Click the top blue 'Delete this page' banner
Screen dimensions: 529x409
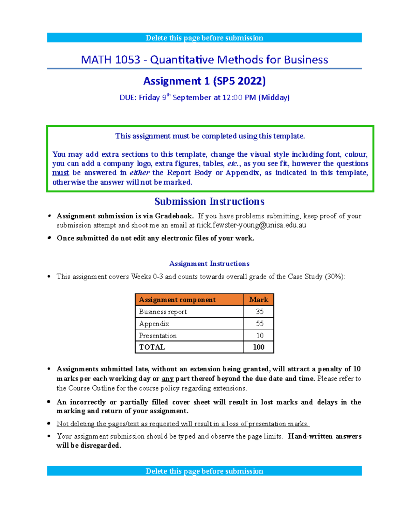pyautogui.click(x=204, y=38)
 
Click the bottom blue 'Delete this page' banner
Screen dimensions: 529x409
pyautogui.click(x=204, y=471)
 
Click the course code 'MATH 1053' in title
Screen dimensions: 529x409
pyautogui.click(x=110, y=60)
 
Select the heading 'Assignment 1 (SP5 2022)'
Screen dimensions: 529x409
pyautogui.click(x=204, y=81)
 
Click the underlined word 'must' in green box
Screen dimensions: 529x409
pyautogui.click(x=61, y=173)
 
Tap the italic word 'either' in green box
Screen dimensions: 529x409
pyautogui.click(x=139, y=173)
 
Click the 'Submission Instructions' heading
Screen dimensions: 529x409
pyautogui.click(x=209, y=202)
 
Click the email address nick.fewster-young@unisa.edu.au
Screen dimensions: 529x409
pyautogui.click(x=251, y=225)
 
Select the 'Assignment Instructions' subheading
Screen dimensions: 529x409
pyautogui.click(x=209, y=264)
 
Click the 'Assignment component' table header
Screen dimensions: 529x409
pyautogui.click(x=177, y=300)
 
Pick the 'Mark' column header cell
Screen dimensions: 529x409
pyautogui.click(x=258, y=300)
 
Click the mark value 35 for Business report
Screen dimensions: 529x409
pyautogui.click(x=260, y=312)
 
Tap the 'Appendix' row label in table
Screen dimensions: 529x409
pyautogui.click(x=154, y=324)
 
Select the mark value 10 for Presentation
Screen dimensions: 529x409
pyautogui.click(x=260, y=336)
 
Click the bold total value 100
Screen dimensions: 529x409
pyautogui.click(x=259, y=347)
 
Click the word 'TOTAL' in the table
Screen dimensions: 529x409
pyautogui.click(x=152, y=347)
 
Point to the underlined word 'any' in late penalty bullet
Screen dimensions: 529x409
pyautogui.click(x=167, y=379)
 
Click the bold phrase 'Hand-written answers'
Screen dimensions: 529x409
pyautogui.click(x=324, y=436)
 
